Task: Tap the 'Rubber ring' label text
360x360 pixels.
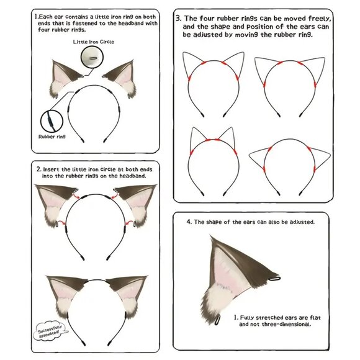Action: tap(52, 136)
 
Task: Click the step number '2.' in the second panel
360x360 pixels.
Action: tap(39, 168)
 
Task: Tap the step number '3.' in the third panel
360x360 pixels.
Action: tap(179, 19)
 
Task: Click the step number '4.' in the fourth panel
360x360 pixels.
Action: tap(189, 222)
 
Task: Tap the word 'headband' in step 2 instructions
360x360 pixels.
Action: tap(135, 176)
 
